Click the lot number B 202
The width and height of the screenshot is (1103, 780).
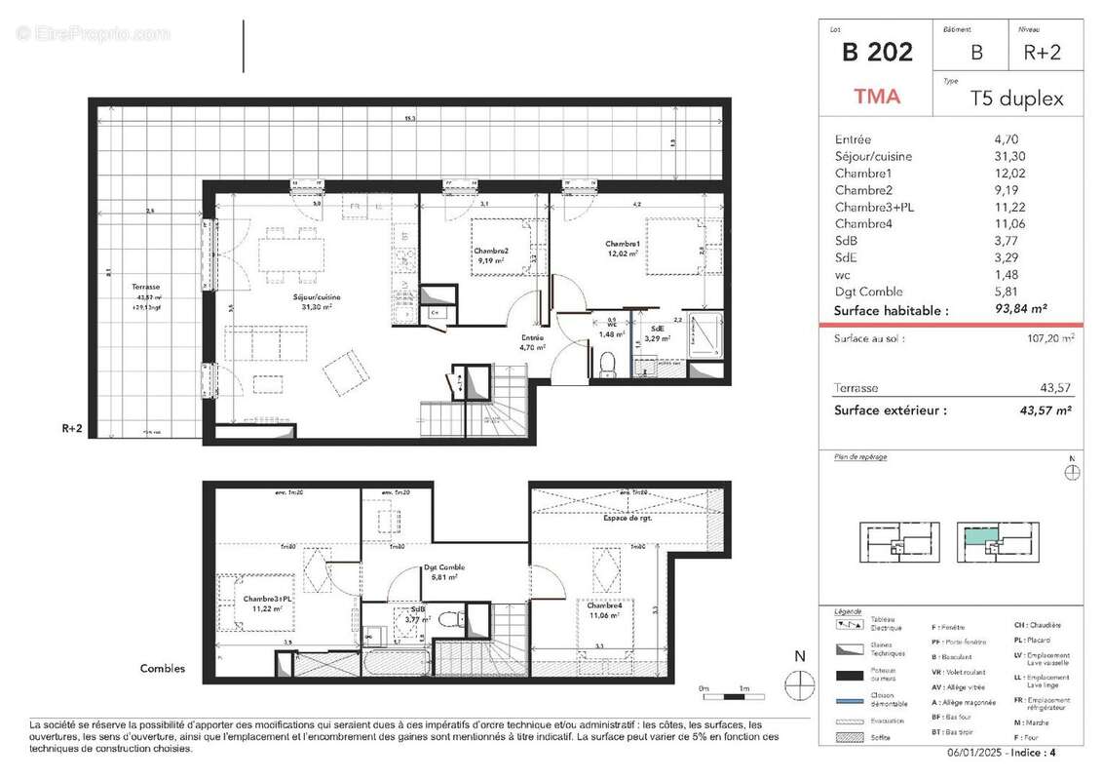tap(877, 53)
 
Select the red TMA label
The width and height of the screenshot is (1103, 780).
tap(877, 97)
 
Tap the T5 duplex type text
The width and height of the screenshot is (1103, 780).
tap(1016, 98)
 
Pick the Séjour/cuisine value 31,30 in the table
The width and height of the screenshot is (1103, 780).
tap(1011, 156)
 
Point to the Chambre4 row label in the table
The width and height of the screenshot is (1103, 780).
tap(863, 223)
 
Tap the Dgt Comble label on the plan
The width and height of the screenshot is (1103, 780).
tap(444, 567)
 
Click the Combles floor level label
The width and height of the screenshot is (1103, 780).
tap(163, 669)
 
